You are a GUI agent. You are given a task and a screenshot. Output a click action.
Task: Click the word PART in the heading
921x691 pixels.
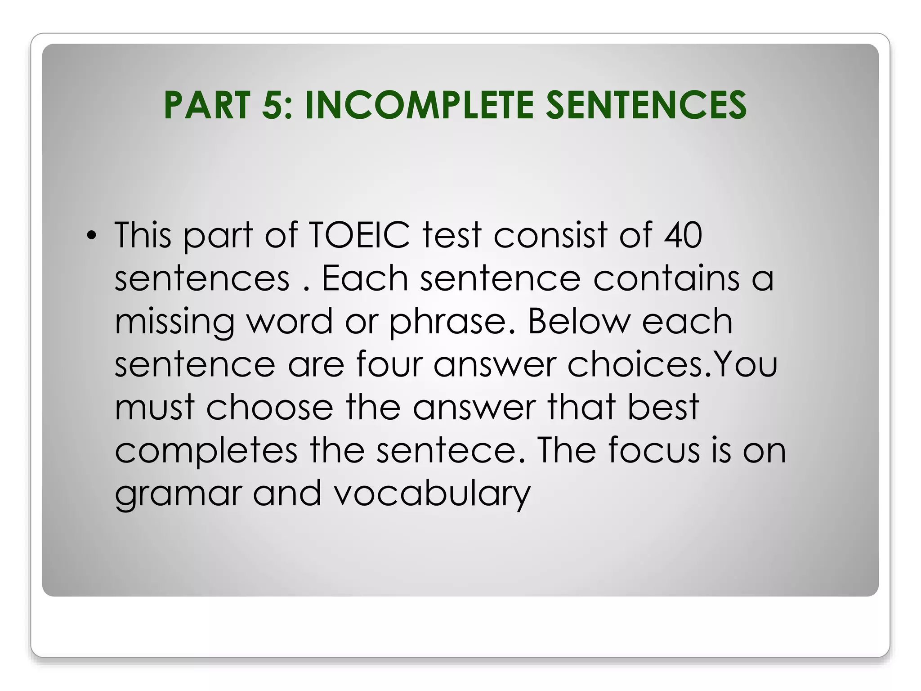click(x=206, y=105)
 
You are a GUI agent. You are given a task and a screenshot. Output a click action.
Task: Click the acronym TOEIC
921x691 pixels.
click(x=359, y=235)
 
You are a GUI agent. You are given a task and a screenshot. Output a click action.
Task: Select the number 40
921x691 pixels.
click(x=683, y=235)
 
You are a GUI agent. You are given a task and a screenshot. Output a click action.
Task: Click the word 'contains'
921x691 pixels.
click(x=666, y=278)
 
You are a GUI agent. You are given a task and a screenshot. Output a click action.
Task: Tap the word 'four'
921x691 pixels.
click(x=389, y=364)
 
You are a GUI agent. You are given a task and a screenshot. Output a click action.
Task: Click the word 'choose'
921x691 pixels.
click(x=269, y=407)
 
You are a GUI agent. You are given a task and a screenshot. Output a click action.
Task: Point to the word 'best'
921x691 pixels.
click(x=663, y=407)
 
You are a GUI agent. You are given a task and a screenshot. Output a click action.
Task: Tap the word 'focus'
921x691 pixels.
click(x=654, y=450)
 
